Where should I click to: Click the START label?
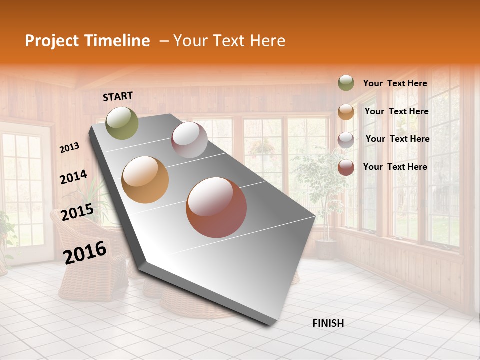(118, 96)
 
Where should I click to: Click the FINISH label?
(328, 323)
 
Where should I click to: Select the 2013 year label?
(70, 148)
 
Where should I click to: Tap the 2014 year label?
(73, 177)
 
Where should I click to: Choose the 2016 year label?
(85, 252)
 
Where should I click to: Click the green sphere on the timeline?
(122, 123)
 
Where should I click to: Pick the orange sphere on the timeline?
(145, 180)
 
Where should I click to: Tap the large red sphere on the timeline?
(216, 207)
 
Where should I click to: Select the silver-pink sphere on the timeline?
(189, 140)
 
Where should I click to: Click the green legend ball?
(346, 83)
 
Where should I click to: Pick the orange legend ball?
(346, 112)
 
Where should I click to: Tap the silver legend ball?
(346, 140)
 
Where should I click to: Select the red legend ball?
(346, 167)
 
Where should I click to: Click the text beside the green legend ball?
(395, 84)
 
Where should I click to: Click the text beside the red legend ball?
(395, 167)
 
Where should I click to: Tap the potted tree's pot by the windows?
(325, 249)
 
